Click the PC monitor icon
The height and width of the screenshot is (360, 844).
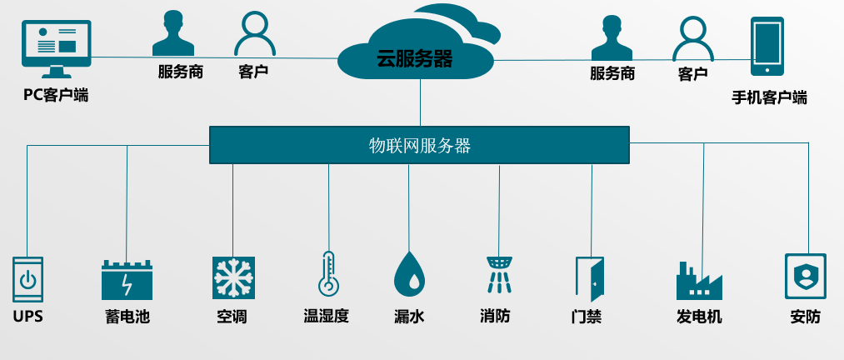click(x=56, y=47)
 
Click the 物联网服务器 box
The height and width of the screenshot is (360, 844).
click(x=419, y=145)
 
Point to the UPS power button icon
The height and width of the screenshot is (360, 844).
click(x=27, y=278)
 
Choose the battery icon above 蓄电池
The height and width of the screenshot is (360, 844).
click(x=127, y=280)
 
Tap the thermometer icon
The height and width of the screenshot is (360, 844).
click(x=327, y=274)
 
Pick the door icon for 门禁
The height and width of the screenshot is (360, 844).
click(x=588, y=278)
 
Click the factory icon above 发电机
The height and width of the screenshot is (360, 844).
click(x=697, y=281)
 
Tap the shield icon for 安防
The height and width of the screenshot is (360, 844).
click(x=805, y=277)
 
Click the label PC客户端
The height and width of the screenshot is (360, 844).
click(x=56, y=95)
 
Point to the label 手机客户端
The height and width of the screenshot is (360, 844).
click(x=769, y=97)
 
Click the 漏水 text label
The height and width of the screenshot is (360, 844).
click(x=409, y=317)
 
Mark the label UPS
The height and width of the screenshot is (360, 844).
click(x=27, y=317)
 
